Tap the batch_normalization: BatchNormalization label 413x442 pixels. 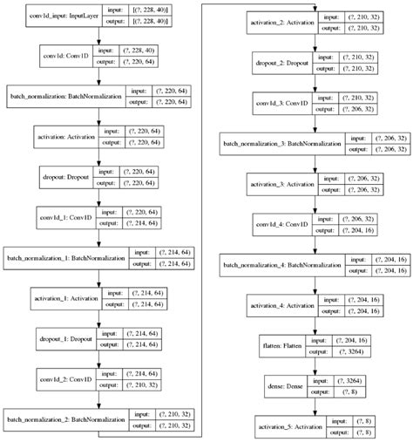click(65, 96)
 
